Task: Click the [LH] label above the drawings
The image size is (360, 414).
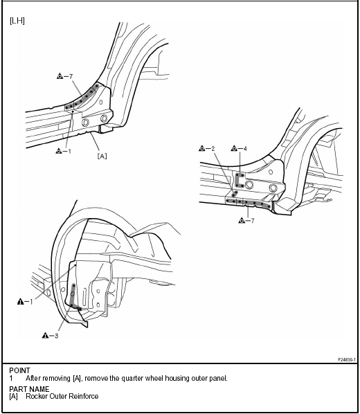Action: point(17,21)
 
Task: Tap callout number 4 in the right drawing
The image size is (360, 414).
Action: point(245,149)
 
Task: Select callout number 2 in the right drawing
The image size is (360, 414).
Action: point(213,149)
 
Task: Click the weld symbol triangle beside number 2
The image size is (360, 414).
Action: point(202,148)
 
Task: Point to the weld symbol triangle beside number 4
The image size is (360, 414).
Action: point(234,148)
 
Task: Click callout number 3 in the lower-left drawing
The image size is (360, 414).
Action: point(56,336)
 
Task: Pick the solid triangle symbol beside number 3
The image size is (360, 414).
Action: point(45,335)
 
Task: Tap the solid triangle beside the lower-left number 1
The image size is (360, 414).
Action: point(20,301)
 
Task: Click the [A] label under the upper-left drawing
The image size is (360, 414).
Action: point(102,156)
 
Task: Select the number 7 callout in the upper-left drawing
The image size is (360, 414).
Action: point(71,77)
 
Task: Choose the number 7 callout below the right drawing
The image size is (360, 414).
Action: point(252,220)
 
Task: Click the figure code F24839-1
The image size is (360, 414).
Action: point(347,359)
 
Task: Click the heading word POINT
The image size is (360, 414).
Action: point(19,370)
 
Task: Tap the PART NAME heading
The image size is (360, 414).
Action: point(29,389)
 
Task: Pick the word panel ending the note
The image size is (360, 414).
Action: point(219,379)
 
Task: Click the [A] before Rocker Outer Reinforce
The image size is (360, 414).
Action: point(13,396)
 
